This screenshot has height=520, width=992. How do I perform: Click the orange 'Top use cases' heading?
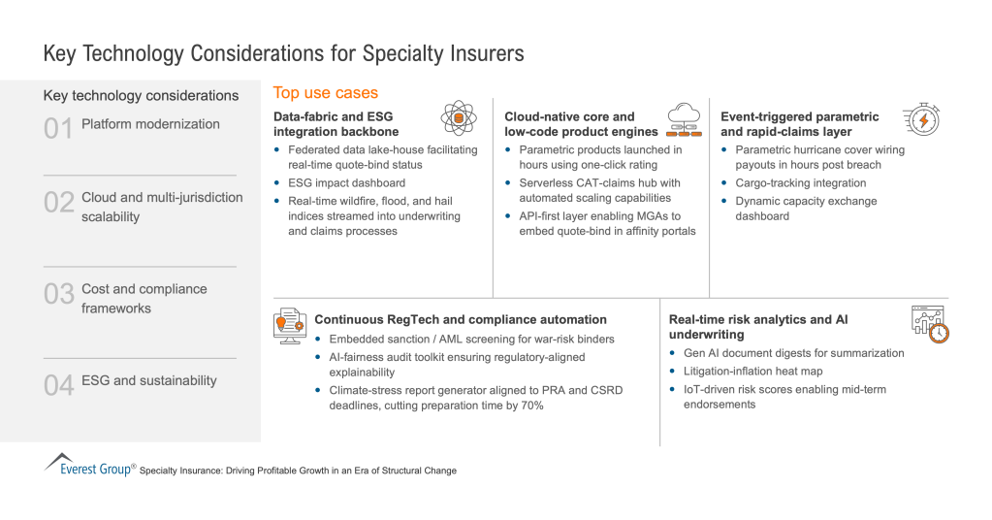click(326, 93)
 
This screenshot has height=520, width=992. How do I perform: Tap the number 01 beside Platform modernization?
click(58, 128)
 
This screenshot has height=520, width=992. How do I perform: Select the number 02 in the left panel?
click(59, 202)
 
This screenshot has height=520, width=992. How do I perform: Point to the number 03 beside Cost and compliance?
click(59, 293)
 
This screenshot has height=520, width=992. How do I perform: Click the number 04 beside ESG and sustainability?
click(59, 385)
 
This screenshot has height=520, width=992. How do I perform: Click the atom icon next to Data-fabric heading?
click(459, 117)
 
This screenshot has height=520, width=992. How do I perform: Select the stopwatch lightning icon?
click(920, 120)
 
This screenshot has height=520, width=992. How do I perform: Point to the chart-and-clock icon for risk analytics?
click(928, 323)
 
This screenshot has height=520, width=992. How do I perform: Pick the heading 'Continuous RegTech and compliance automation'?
click(461, 319)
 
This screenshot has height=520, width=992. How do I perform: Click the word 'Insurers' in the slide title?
click(483, 52)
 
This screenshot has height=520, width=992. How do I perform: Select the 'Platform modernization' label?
click(150, 124)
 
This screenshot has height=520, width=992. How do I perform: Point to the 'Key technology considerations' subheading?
click(141, 95)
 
